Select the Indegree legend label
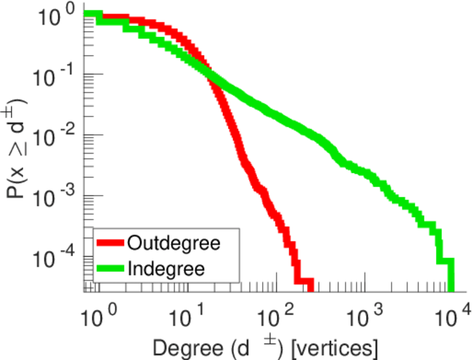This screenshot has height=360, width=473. [166, 268]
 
